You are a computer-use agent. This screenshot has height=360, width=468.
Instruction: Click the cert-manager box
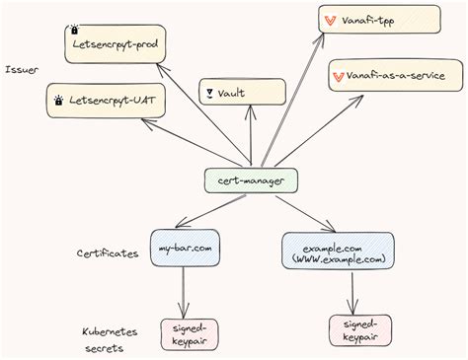(250, 180)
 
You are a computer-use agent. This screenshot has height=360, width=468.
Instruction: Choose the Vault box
(243, 92)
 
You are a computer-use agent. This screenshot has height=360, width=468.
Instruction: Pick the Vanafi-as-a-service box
(393, 76)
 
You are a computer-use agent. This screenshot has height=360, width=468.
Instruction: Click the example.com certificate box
(338, 252)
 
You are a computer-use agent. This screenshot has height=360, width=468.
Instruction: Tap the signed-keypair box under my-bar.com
(189, 334)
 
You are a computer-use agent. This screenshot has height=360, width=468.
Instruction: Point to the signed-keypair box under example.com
(359, 329)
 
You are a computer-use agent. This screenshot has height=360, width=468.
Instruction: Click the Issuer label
(21, 70)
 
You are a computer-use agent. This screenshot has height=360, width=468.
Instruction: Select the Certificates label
(108, 253)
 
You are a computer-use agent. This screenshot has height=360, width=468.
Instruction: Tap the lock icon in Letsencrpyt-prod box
(75, 32)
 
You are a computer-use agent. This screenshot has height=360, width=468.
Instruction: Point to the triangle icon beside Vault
(209, 93)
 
